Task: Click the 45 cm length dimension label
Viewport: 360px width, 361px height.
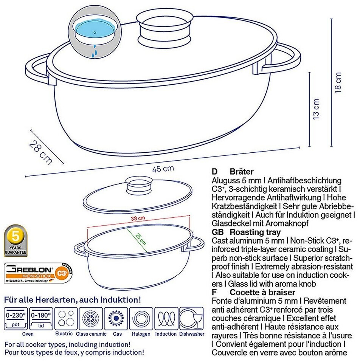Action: tap(163, 169)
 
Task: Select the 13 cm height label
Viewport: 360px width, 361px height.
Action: tap(316, 109)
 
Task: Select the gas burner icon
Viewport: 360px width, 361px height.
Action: tap(117, 319)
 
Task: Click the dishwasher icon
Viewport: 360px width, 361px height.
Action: tap(191, 319)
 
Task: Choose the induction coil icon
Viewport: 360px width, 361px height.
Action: tap(166, 319)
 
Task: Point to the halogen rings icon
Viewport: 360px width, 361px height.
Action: tap(141, 319)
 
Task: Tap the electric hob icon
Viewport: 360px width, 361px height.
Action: tap(66, 319)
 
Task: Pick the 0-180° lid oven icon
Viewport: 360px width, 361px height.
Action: tap(41, 319)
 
